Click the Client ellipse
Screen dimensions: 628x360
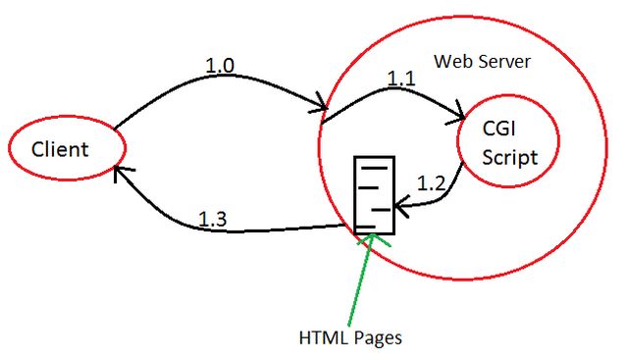click(67, 150)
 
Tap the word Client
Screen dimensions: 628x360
click(60, 150)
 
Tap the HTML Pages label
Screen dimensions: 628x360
click(350, 338)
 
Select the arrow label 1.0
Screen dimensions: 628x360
click(221, 66)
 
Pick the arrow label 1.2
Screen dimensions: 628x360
click(432, 182)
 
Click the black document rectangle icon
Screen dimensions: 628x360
click(373, 195)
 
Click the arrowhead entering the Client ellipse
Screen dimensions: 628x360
click(120, 171)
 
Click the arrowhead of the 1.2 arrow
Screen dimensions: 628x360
click(398, 207)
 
